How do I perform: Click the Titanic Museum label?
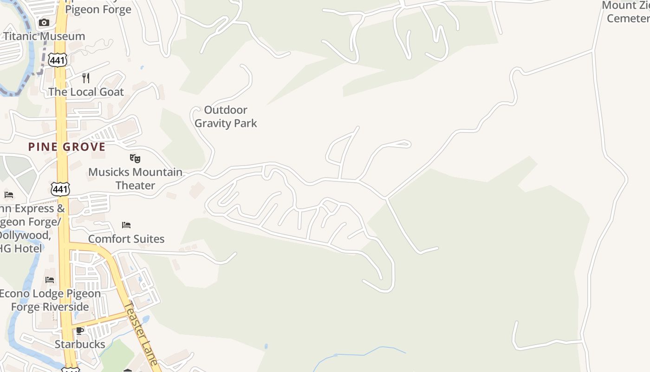[x=44, y=36]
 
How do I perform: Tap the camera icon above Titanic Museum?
[x=44, y=22]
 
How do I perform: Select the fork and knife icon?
[x=86, y=78]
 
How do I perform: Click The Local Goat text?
[x=86, y=92]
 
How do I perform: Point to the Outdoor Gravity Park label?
[x=226, y=116]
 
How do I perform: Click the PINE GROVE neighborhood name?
[x=67, y=147]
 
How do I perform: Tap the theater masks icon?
[x=135, y=159]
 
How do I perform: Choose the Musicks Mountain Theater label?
[x=135, y=179]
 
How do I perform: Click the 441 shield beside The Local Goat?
[x=59, y=60]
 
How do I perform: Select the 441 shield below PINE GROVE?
[x=60, y=189]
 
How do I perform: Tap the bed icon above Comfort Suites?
[x=126, y=226]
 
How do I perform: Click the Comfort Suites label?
[x=126, y=239]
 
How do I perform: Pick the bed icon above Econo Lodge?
[x=50, y=280]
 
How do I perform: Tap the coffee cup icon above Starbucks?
[x=80, y=331]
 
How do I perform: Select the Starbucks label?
[x=80, y=344]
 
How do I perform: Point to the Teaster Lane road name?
[x=142, y=333]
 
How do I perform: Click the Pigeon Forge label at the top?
[x=98, y=9]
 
